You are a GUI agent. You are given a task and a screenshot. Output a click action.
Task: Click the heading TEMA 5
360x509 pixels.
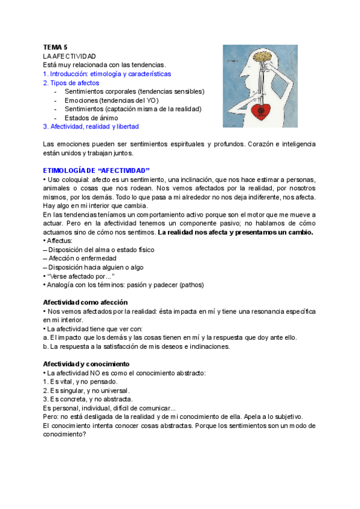click(56, 46)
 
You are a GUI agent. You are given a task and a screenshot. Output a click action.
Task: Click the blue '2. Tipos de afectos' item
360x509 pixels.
click(71, 83)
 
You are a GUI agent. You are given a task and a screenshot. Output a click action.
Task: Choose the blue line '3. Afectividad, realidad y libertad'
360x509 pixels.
click(91, 127)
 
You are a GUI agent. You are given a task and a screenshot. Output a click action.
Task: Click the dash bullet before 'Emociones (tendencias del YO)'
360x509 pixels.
click(56, 100)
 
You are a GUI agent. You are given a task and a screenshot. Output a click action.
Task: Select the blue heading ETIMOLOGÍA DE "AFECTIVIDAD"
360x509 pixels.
click(97, 170)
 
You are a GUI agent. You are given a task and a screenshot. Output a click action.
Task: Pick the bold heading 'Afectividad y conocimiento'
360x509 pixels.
click(86, 364)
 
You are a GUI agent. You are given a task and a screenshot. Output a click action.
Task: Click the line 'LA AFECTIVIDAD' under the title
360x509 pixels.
click(70, 55)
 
